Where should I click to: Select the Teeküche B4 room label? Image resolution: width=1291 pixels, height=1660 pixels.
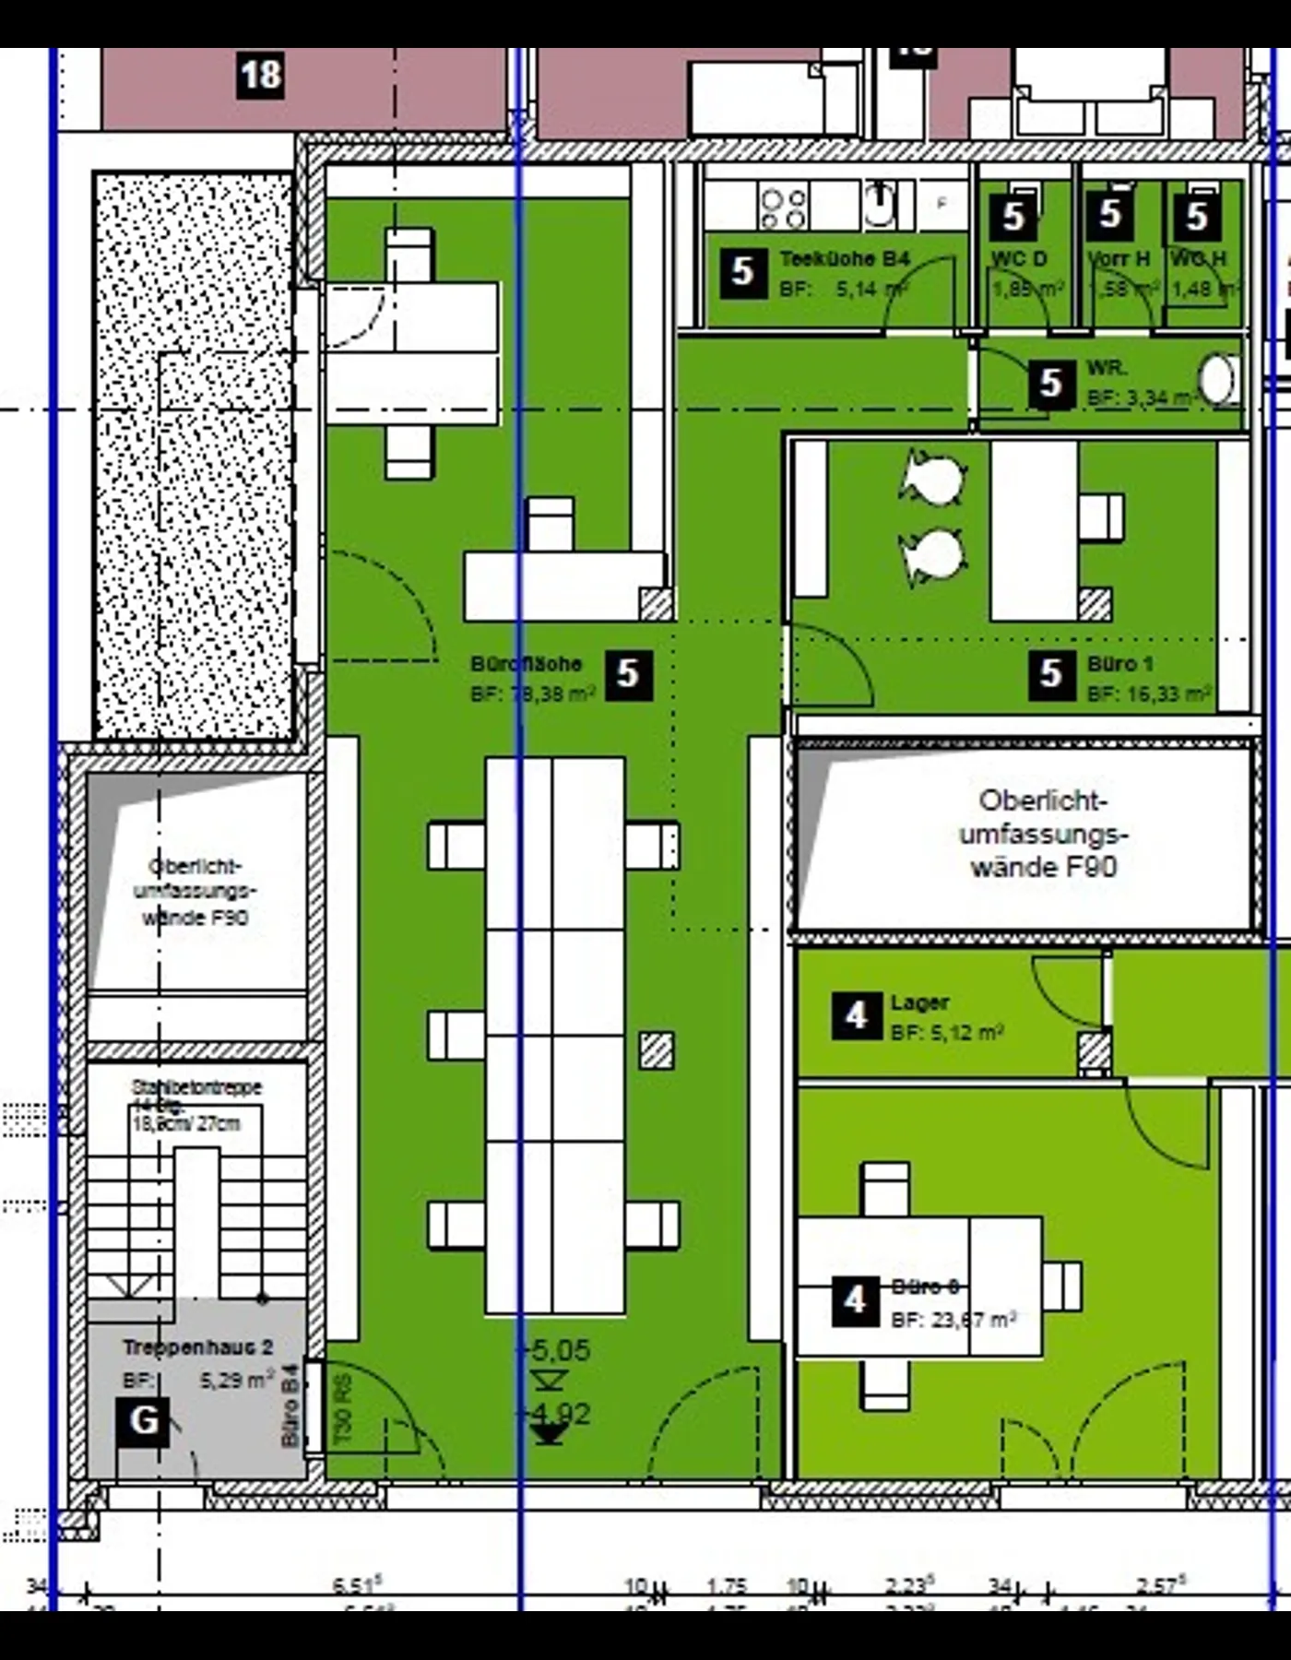pos(845,259)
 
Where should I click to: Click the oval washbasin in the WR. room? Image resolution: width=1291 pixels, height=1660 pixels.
pos(1217,379)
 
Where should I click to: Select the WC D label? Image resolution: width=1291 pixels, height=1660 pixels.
pos(1019,259)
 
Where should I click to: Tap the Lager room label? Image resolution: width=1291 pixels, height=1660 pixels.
pos(919,1002)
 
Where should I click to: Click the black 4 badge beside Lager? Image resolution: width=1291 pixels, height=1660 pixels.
pos(855,1015)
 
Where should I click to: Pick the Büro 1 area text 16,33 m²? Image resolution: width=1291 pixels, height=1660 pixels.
pos(1148,694)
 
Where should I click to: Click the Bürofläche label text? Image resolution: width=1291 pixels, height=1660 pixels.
pos(526,664)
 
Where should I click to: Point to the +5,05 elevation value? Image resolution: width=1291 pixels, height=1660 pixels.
pos(553,1351)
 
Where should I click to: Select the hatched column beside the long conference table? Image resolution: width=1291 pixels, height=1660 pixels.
pos(656,1050)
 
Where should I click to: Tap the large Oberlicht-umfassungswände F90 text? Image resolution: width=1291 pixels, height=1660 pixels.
pos(1043,834)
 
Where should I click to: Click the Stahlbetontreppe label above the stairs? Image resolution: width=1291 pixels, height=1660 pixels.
pos(196,1087)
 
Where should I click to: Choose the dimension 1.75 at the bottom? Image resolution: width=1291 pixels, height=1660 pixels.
pos(727,1586)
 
